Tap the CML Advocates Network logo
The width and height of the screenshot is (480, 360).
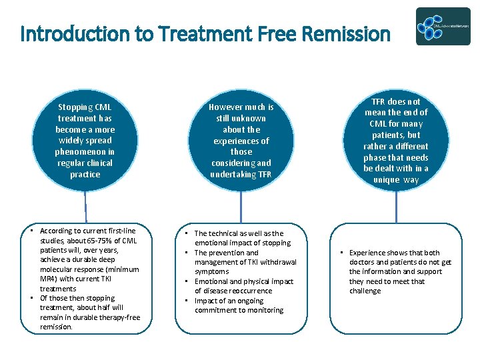443,27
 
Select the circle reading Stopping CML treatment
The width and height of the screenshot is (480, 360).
85,141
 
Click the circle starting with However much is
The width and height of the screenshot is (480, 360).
241,141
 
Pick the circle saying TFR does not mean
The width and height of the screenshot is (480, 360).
396,141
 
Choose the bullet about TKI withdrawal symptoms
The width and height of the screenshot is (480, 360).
245,262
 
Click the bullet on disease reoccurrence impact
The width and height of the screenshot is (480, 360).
243,286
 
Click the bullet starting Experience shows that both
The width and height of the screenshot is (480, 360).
400,272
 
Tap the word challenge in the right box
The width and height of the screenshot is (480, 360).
365,291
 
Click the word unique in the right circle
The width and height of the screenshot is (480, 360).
387,180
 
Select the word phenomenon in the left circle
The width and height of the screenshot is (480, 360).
85,152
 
